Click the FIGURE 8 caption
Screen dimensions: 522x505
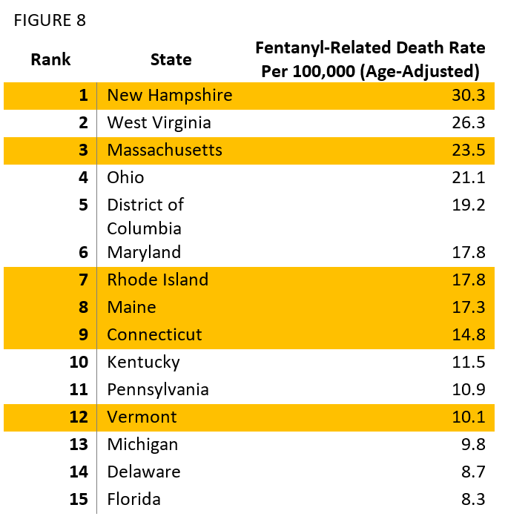[50, 21]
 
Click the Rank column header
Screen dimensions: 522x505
[50, 60]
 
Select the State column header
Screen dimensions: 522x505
[171, 60]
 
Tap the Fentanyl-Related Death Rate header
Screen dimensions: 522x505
[370, 60]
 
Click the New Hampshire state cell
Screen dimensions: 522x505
[169, 95]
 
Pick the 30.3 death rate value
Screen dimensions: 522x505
[468, 95]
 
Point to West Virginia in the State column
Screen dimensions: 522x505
[159, 122]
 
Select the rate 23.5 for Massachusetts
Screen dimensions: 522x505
[468, 150]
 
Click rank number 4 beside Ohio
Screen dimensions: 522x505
[83, 177]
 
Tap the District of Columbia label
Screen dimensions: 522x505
[145, 216]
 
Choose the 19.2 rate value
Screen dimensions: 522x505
[468, 205]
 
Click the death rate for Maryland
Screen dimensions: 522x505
[468, 252]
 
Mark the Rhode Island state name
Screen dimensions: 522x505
[157, 280]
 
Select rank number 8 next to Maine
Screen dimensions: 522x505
[83, 307]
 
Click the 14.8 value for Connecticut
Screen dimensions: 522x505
[468, 334]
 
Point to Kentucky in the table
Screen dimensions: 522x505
[143, 362]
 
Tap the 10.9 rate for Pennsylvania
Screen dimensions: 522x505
[468, 389]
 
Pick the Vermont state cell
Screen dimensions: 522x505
[142, 417]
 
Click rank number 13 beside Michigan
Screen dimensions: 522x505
[79, 444]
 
